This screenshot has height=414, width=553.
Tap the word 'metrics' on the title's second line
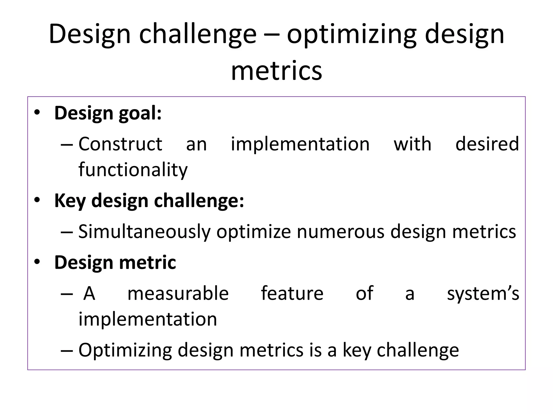tap(276, 71)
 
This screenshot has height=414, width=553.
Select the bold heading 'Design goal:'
tap(108, 113)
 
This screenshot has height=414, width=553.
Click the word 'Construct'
tap(120, 144)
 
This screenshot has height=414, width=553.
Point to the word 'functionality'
tap(133, 170)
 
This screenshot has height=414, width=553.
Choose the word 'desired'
tap(487, 144)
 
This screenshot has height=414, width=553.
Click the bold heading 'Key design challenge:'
tap(149, 201)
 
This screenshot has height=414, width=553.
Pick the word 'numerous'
tap(340, 232)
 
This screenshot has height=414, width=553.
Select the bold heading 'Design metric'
tap(115, 263)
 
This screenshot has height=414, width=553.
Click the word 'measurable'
tap(178, 294)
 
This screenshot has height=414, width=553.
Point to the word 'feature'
tap(292, 294)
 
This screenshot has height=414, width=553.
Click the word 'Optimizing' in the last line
tap(125, 350)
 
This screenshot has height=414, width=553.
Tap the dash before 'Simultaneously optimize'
tap(67, 232)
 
